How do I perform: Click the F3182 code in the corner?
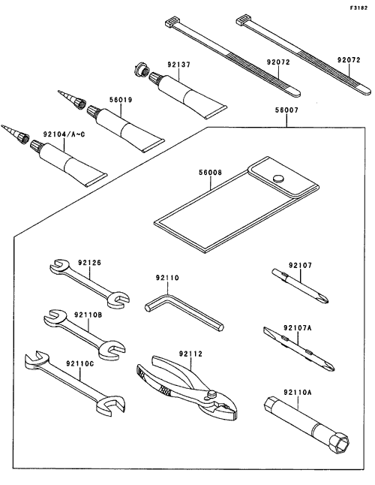coord(358,8)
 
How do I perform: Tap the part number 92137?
coord(179,65)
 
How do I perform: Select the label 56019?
coord(121,100)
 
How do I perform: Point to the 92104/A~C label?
coord(64,134)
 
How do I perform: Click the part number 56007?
coord(287,110)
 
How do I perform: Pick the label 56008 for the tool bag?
coord(210,172)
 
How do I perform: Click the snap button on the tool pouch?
coord(278,178)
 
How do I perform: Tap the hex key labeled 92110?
coord(184,313)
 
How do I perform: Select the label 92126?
coord(89,263)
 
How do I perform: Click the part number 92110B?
coord(88,315)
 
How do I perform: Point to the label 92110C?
coord(79,363)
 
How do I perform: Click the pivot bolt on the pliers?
coord(211,393)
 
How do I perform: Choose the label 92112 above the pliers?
coord(190,354)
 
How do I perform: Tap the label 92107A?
coord(298,327)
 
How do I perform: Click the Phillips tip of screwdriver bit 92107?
coord(323,299)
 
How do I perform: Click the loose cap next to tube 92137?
coord(141,71)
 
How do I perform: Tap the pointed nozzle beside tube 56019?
coord(71,98)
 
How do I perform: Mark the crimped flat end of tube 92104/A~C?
coord(96,179)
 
